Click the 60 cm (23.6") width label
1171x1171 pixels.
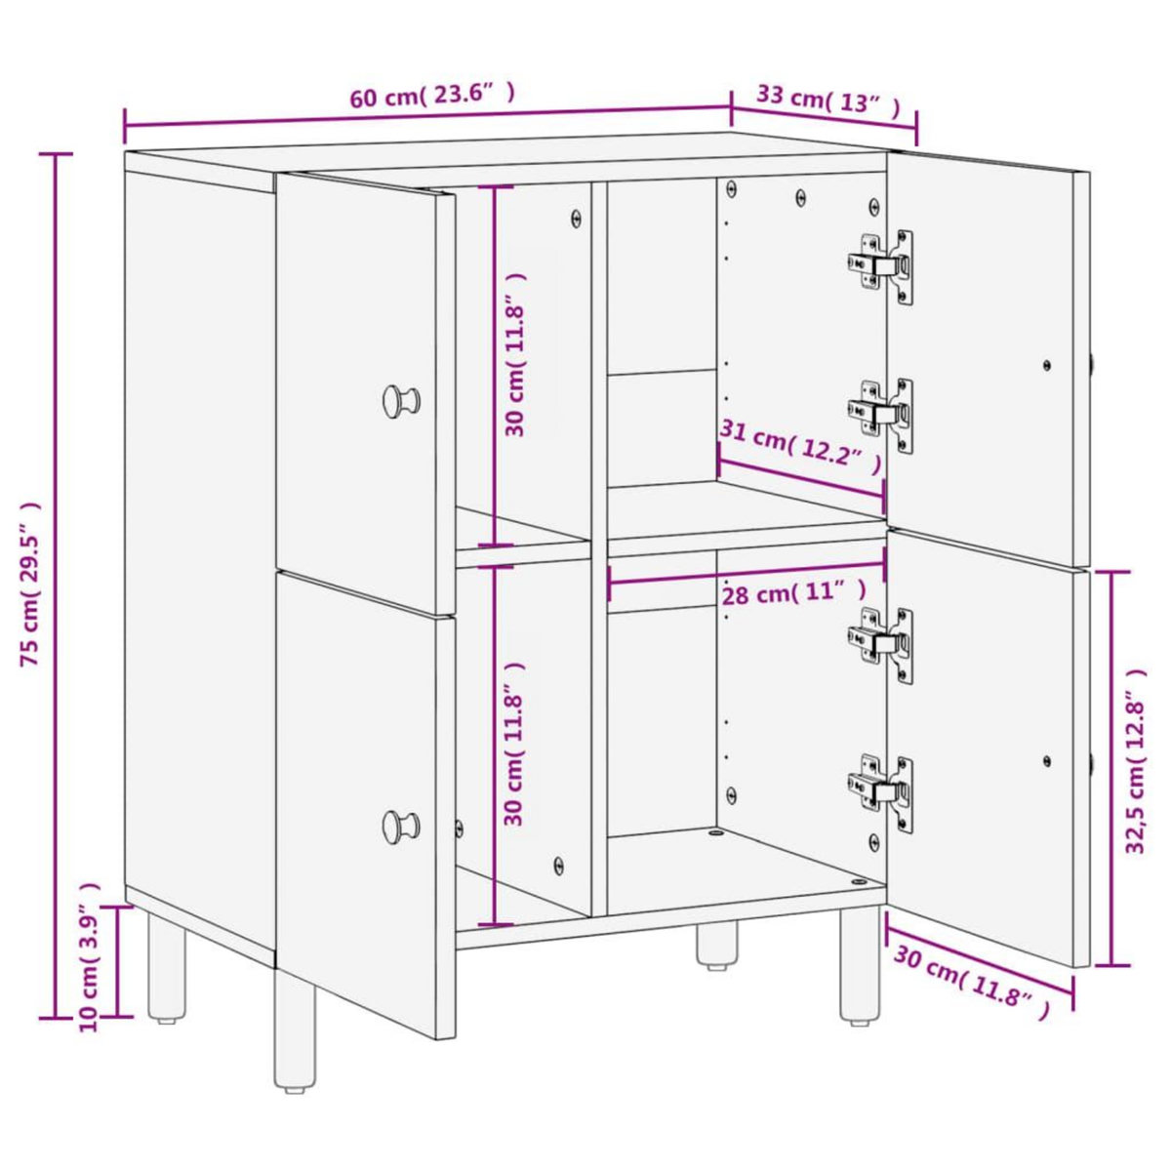(x=431, y=96)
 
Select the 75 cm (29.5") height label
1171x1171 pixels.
(x=31, y=585)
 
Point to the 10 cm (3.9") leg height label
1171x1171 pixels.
(x=89, y=957)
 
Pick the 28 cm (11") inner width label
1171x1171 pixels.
(x=793, y=592)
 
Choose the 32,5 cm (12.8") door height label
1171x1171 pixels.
(x=1136, y=762)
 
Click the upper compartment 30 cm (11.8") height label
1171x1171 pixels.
(x=516, y=354)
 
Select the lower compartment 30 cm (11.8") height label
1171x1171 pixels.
(x=516, y=745)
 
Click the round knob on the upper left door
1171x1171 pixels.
(x=400, y=400)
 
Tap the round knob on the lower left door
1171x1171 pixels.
(x=400, y=826)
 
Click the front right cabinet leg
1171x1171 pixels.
(x=860, y=965)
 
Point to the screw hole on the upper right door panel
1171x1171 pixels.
(x=1047, y=365)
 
